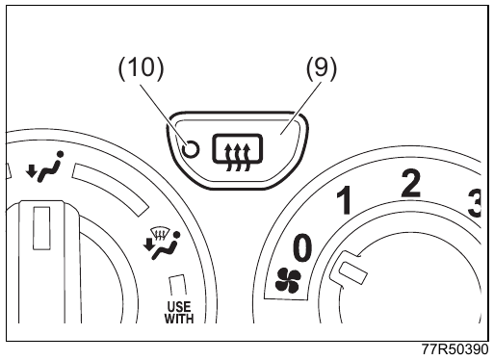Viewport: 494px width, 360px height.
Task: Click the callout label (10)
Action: (142, 67)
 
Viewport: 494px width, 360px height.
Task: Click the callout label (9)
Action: (322, 67)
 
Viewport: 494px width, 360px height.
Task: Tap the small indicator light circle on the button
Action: (190, 149)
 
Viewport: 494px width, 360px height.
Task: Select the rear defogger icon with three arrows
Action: (237, 152)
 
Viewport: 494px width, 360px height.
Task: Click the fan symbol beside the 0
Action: (288, 280)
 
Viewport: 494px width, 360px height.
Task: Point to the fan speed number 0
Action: (302, 247)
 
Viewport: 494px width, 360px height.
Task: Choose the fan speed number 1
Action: (344, 201)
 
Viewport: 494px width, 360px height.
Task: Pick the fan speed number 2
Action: (410, 183)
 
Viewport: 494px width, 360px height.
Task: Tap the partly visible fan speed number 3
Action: (474, 203)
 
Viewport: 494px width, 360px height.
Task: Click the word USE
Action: (179, 306)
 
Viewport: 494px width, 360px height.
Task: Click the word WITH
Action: (179, 319)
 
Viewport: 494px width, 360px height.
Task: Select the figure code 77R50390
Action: (455, 349)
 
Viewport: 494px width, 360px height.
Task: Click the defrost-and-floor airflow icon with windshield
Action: (163, 244)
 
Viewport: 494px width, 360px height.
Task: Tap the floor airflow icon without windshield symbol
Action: (44, 167)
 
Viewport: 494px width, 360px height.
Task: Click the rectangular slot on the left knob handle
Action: (41, 228)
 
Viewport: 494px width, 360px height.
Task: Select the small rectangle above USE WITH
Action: (177, 285)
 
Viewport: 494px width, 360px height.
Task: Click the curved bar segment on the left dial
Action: (110, 187)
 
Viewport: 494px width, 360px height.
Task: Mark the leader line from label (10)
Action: (163, 114)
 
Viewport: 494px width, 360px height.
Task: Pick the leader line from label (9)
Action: (301, 109)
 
